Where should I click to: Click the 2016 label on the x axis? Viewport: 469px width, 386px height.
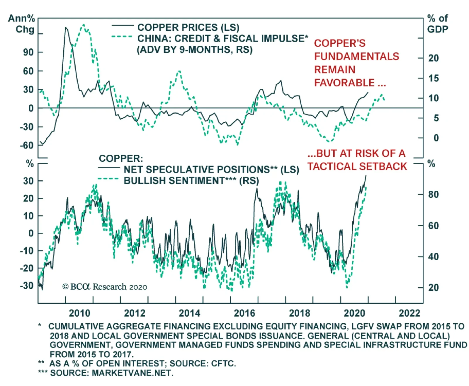tap(244, 313)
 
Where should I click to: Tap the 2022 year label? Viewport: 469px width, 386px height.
tap(409, 313)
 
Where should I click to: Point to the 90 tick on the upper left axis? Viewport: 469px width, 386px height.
tap(28, 52)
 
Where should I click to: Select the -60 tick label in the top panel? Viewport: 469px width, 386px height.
tap(27, 145)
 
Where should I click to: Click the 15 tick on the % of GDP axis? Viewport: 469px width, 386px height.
tap(434, 78)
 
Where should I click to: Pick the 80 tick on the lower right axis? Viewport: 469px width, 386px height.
tap(433, 194)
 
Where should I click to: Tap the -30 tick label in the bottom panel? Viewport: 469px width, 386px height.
tap(27, 285)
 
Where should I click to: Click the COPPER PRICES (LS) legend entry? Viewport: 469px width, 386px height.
tap(188, 28)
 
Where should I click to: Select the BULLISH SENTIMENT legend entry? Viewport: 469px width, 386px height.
tap(191, 181)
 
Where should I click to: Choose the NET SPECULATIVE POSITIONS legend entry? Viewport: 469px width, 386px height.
tap(211, 170)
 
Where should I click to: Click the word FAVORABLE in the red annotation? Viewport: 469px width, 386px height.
tap(344, 83)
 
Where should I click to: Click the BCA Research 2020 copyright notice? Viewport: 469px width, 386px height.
tap(105, 287)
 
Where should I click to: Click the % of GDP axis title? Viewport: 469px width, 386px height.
tap(437, 24)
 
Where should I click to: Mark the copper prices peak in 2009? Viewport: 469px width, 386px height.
tap(66, 27)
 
